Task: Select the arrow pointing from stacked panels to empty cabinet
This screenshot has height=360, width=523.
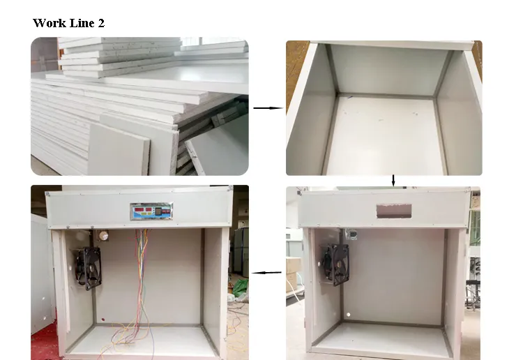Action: point(267,108)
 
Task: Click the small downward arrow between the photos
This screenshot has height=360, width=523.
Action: point(393,181)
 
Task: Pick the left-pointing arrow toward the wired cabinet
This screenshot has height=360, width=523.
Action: point(266,272)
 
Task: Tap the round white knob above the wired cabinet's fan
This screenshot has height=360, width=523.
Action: point(105,236)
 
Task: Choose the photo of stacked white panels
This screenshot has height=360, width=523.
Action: point(139,106)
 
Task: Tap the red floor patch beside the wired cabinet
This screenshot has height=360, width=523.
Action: point(43,342)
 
